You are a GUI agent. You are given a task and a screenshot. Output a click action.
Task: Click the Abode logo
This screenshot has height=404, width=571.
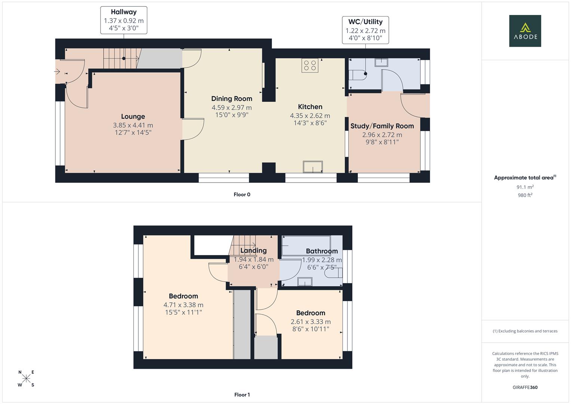(x=525, y=31)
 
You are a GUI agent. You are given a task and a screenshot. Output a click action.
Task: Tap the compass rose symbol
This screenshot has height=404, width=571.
(x=26, y=379)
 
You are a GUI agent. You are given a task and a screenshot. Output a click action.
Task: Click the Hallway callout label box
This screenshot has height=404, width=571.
(x=124, y=20)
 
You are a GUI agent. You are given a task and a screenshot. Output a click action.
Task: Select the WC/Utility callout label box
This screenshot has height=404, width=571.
(x=365, y=30)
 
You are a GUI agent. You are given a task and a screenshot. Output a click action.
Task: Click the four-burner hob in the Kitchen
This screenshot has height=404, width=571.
(x=310, y=65)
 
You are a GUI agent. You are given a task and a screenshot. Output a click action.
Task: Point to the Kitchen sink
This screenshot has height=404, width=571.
(x=313, y=167)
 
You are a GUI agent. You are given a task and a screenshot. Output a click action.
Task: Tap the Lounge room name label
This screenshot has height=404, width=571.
(x=133, y=117)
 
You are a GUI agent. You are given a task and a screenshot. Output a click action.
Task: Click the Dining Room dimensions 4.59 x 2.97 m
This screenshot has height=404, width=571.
(x=231, y=107)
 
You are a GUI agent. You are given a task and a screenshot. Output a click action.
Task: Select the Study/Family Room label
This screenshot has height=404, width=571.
(x=382, y=126)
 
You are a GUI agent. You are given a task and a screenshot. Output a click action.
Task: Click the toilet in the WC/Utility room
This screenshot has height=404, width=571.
(x=357, y=75)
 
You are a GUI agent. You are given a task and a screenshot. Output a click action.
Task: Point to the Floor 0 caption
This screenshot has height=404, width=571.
(x=242, y=195)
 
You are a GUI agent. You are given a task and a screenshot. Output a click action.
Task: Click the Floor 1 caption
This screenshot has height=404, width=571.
(x=242, y=395)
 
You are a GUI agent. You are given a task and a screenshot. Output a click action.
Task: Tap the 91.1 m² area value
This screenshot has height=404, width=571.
(x=525, y=187)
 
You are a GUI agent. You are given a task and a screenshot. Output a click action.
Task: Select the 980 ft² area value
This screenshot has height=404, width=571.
(x=525, y=195)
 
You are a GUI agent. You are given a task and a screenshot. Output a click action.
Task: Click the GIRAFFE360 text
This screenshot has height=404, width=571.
(x=525, y=387)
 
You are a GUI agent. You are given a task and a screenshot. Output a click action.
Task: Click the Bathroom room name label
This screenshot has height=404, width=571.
(x=322, y=251)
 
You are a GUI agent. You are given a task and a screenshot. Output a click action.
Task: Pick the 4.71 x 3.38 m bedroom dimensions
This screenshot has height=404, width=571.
(x=183, y=305)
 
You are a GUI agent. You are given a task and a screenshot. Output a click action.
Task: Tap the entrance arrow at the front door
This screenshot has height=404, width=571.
(x=57, y=71)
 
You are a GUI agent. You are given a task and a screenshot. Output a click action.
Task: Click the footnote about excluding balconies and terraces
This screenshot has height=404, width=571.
(x=525, y=331)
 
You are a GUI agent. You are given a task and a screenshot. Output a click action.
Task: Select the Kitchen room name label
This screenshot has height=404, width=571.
(x=310, y=107)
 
